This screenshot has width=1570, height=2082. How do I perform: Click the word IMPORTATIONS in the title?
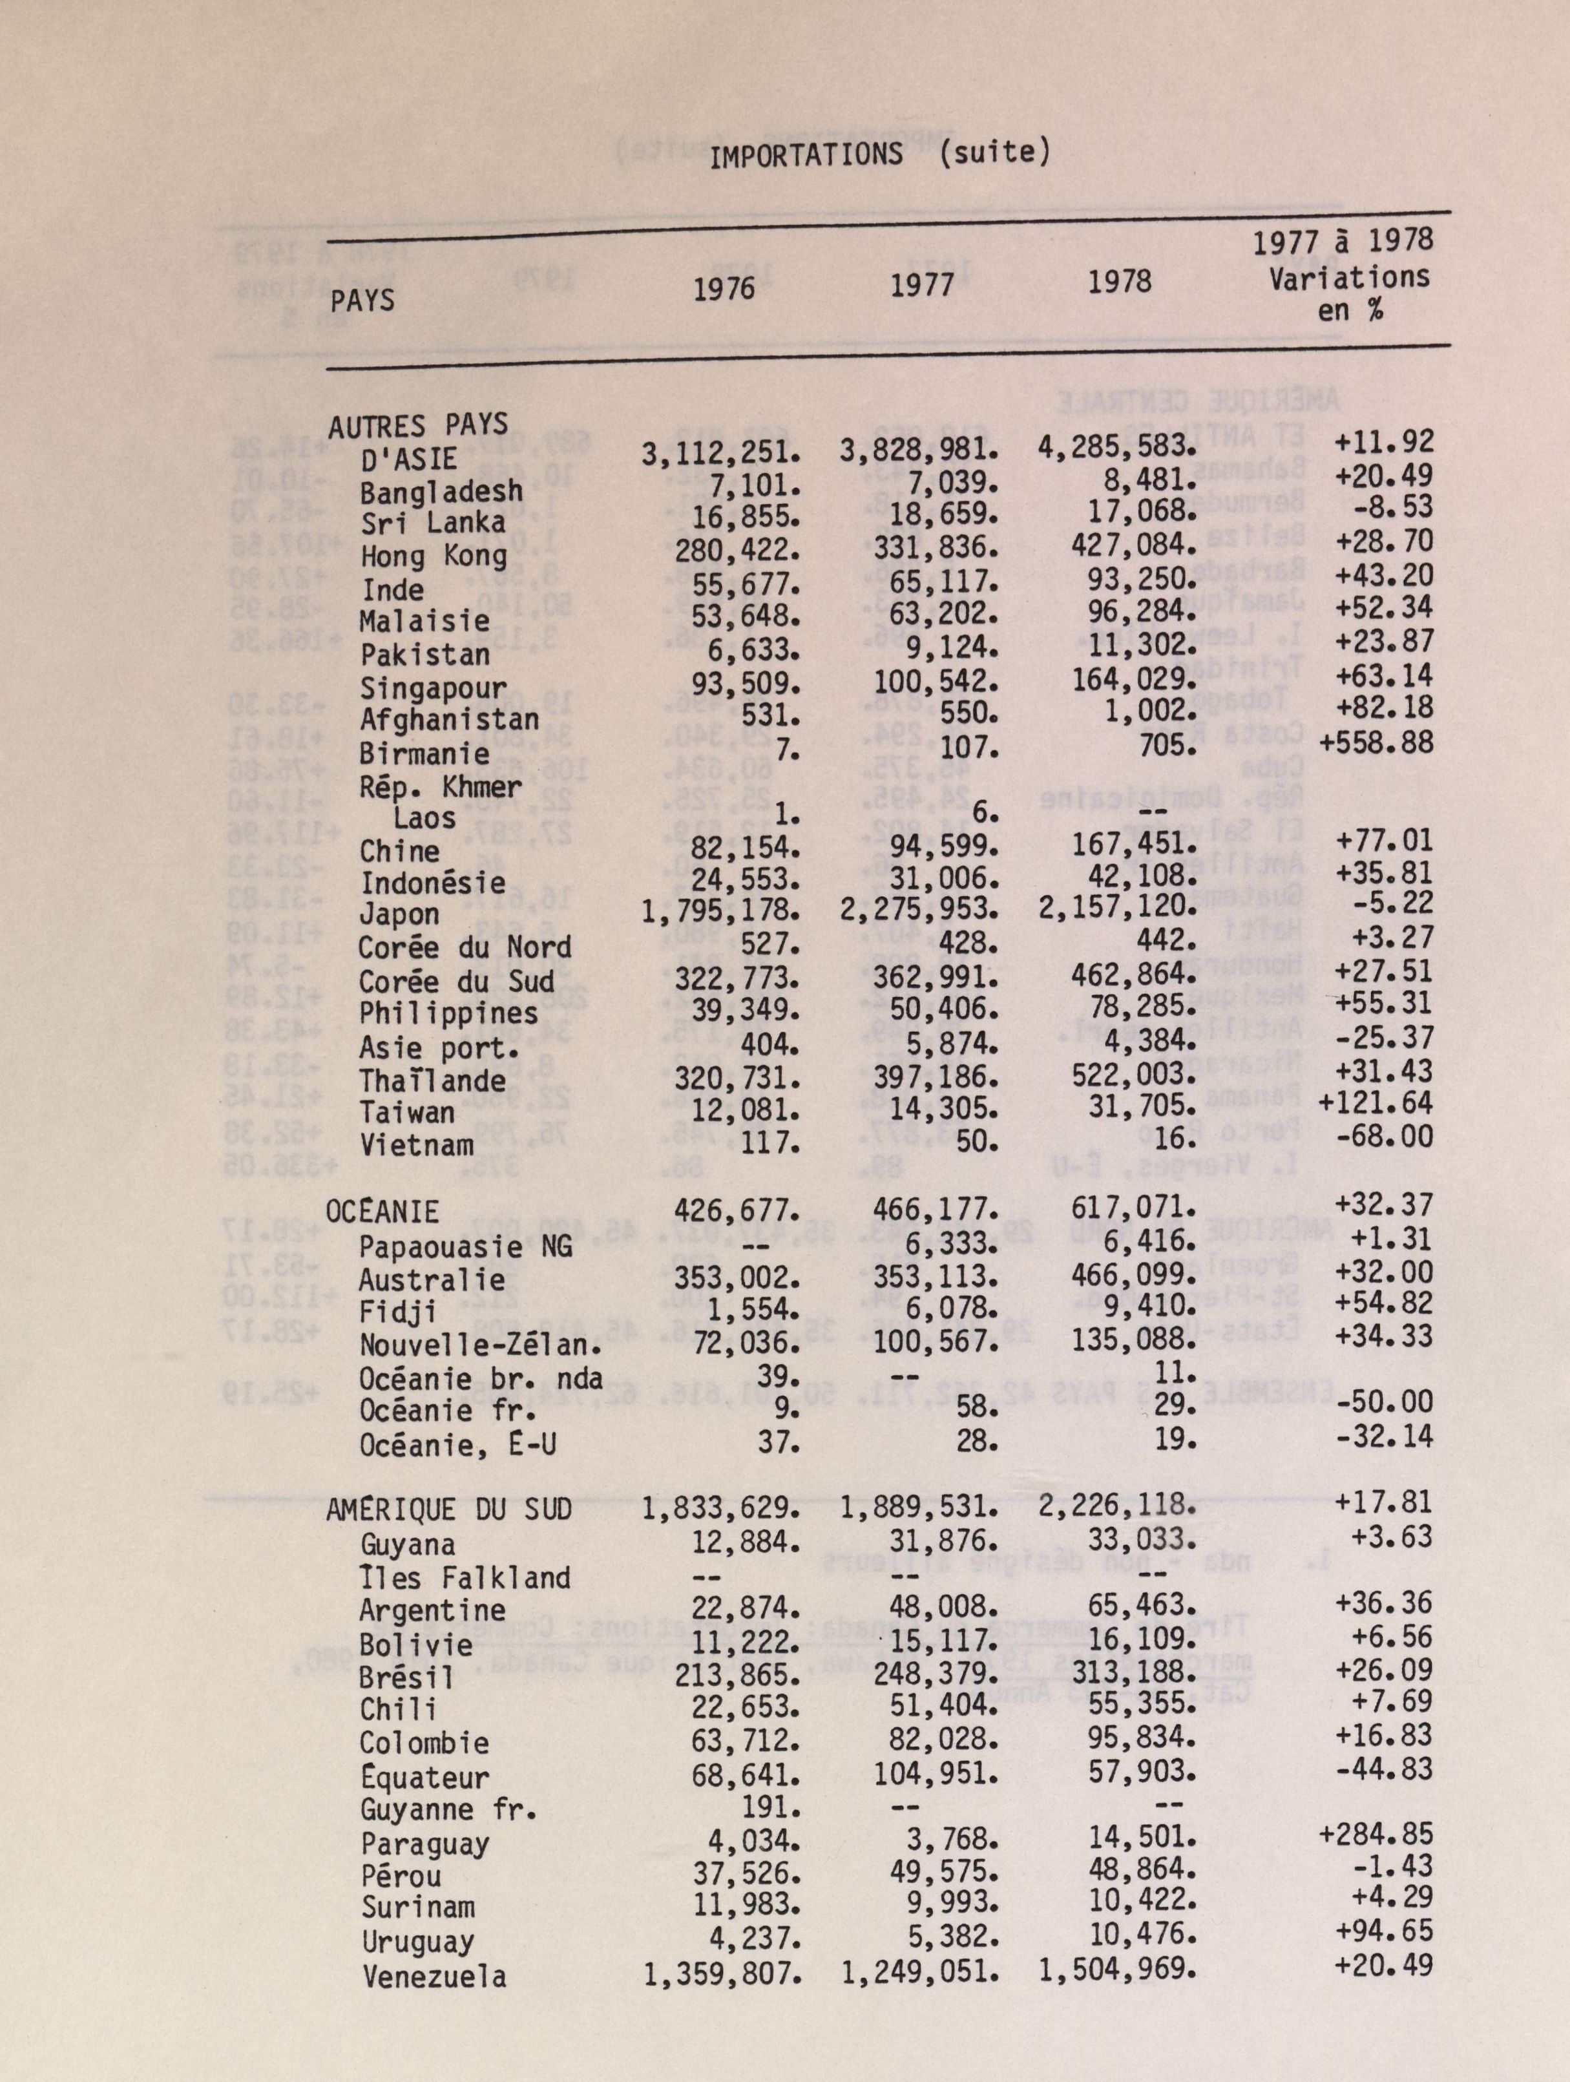click(x=805, y=155)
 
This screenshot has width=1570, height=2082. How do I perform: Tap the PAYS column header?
click(x=362, y=300)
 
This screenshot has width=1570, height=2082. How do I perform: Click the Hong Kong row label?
click(x=433, y=556)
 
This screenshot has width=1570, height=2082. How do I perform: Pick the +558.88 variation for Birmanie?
click(x=1376, y=742)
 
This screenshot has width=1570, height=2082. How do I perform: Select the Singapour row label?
click(x=433, y=688)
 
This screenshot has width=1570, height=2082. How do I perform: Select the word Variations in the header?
click(x=1349, y=278)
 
